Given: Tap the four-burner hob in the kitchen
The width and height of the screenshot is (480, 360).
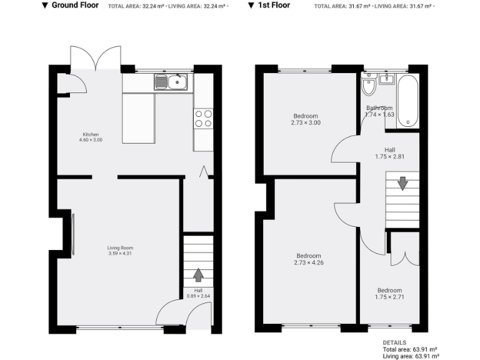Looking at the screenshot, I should pyautogui.click(x=204, y=118).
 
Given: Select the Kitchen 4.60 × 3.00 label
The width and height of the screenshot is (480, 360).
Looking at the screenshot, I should pyautogui.click(x=91, y=137).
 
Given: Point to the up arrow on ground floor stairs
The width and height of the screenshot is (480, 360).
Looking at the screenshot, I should pyautogui.click(x=198, y=274).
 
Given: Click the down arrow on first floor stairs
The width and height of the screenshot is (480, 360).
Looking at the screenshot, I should pyautogui.click(x=402, y=183).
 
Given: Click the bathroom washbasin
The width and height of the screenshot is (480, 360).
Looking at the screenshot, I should pyautogui.click(x=385, y=78).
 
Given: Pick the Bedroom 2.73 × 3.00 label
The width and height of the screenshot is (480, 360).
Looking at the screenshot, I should pyautogui.click(x=306, y=119).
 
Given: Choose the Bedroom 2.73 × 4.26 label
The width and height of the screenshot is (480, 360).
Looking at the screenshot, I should pyautogui.click(x=308, y=259).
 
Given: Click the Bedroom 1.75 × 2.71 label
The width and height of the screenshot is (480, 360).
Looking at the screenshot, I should pyautogui.click(x=389, y=294).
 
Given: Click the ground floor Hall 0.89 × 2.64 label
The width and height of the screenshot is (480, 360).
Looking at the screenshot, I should pyautogui.click(x=198, y=293).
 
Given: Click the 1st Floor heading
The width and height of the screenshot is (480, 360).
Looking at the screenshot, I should pyautogui.click(x=272, y=6).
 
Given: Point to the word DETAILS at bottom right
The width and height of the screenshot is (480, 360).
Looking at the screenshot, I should pyautogui.click(x=394, y=343).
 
